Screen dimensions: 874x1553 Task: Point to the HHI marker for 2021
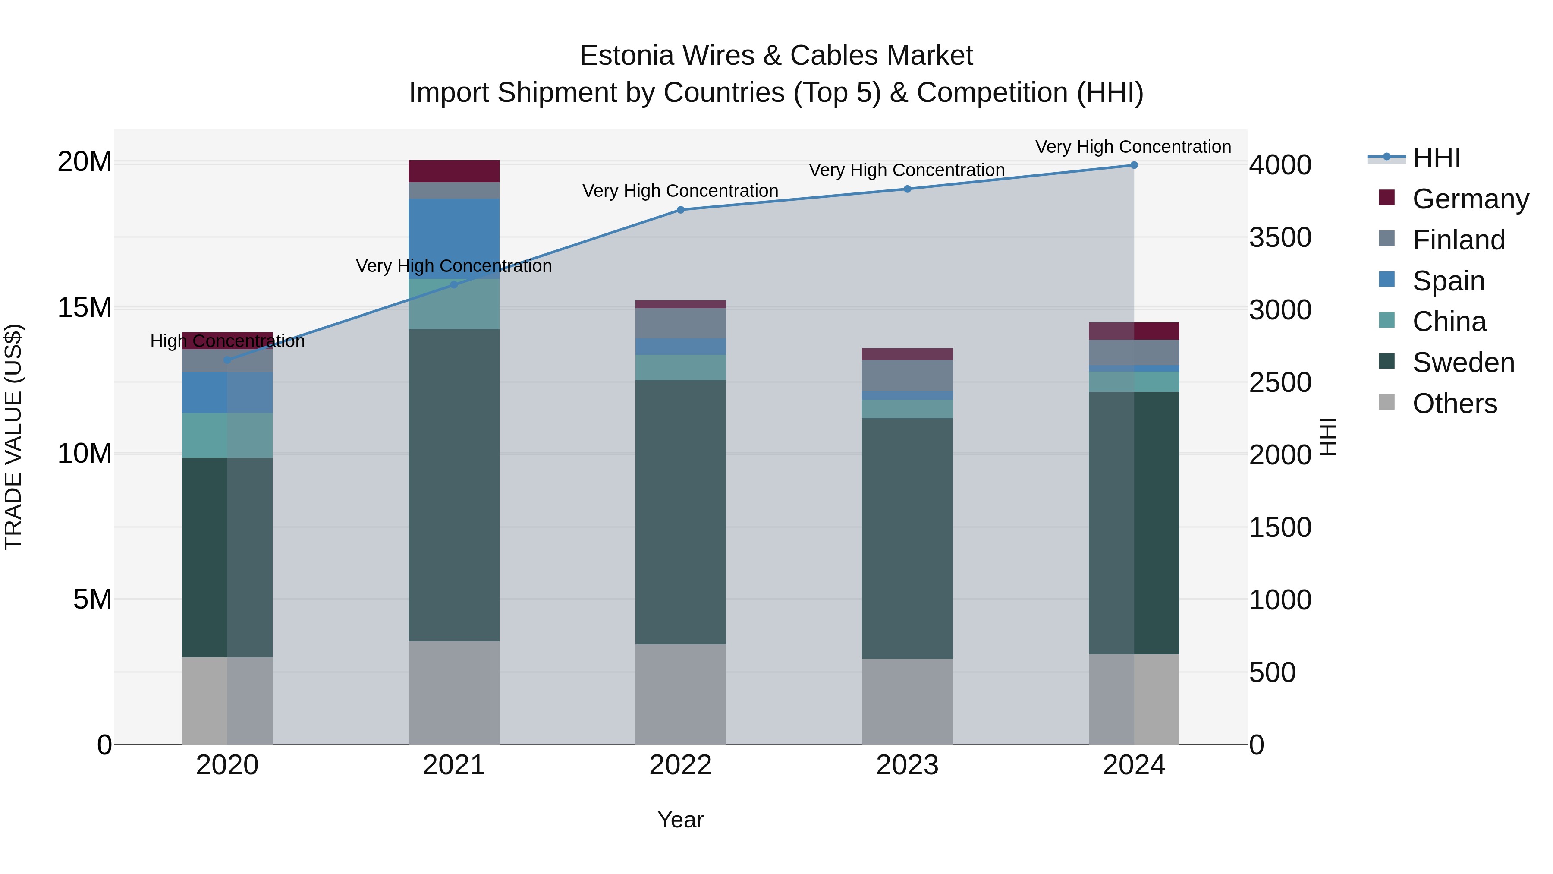click(454, 285)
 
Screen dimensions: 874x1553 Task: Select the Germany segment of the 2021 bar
click(454, 171)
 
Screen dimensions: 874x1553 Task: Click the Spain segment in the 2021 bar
click(454, 238)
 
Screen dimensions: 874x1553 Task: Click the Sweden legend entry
click(1463, 363)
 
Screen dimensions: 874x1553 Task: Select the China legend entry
click(1449, 322)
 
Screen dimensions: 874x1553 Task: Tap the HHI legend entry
click(1436, 158)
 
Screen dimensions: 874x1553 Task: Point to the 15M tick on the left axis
click(85, 308)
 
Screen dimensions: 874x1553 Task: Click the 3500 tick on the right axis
click(1280, 238)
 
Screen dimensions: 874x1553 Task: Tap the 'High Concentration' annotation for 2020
click(227, 341)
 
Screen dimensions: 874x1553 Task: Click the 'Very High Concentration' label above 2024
click(1133, 147)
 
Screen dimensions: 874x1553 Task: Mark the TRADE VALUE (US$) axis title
click(13, 437)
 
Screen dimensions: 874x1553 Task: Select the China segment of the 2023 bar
click(907, 409)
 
